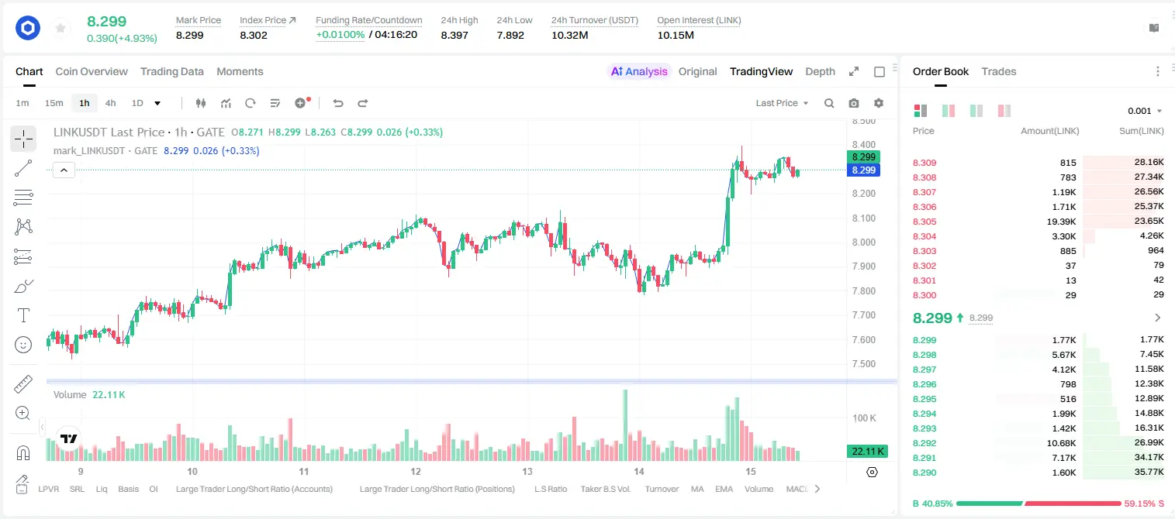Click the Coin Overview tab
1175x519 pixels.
coord(92,71)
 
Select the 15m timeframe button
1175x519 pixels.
coord(54,103)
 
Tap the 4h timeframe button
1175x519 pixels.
coord(110,103)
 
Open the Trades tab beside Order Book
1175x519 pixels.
coord(999,71)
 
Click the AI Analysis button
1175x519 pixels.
coord(639,71)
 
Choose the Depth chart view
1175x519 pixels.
coord(820,71)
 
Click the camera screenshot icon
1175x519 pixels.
coord(854,103)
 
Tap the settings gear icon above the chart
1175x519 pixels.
coord(879,103)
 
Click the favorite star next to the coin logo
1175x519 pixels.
coord(60,28)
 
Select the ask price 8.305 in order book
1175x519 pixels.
coord(924,222)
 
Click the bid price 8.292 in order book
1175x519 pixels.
coord(924,443)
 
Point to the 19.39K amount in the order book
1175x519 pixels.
coord(1061,222)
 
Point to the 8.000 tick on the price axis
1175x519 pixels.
coord(864,242)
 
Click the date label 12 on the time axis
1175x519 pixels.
coord(416,471)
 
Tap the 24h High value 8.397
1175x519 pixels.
coord(454,35)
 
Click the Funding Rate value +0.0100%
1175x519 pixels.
coord(340,35)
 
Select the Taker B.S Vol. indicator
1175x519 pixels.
coord(605,489)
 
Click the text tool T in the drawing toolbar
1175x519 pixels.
coord(23,315)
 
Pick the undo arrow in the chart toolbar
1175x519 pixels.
coord(338,103)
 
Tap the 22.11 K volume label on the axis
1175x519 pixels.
coord(867,451)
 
